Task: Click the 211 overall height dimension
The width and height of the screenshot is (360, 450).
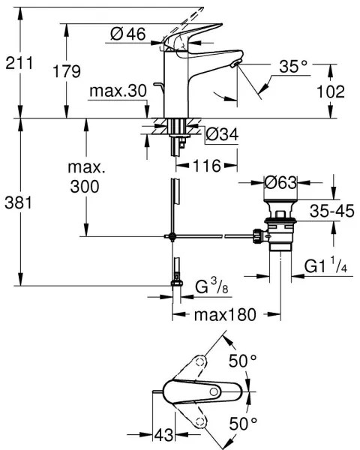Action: (x=19, y=63)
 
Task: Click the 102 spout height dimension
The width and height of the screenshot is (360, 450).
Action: (x=330, y=91)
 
